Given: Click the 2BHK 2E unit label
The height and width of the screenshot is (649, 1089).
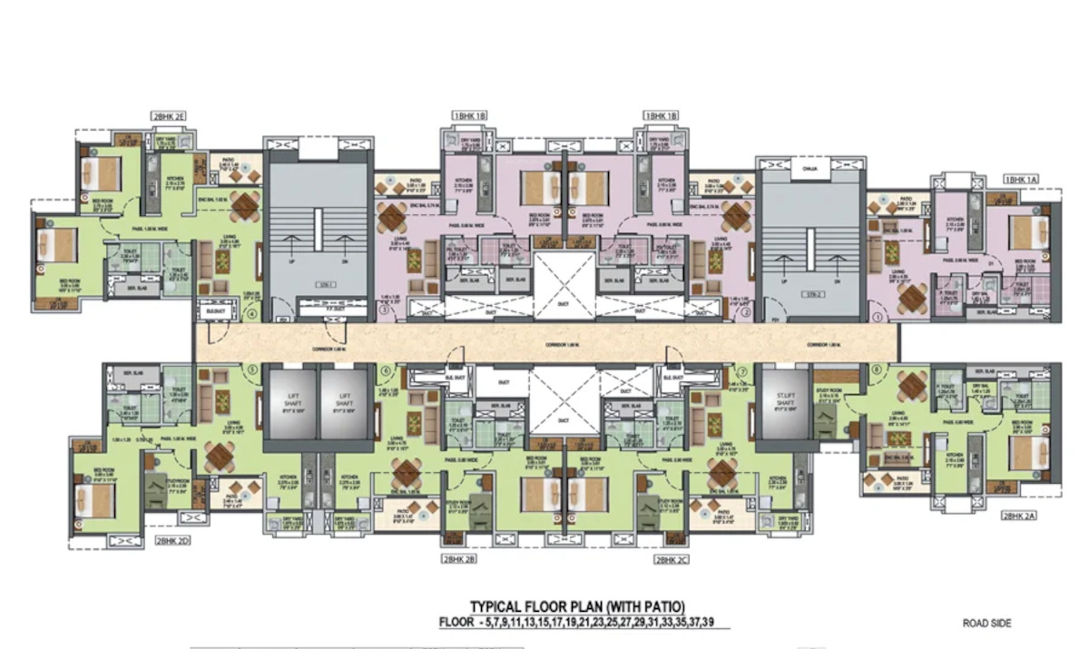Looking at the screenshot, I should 169,116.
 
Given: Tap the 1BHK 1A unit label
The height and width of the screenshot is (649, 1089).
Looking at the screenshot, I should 1020,180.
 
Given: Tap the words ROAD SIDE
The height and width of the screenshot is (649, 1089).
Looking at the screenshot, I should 987,624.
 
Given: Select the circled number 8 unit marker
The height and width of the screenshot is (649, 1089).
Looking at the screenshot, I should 877,369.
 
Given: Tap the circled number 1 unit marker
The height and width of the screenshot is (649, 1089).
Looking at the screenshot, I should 877,317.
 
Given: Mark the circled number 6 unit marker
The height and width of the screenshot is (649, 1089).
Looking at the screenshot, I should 385,369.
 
